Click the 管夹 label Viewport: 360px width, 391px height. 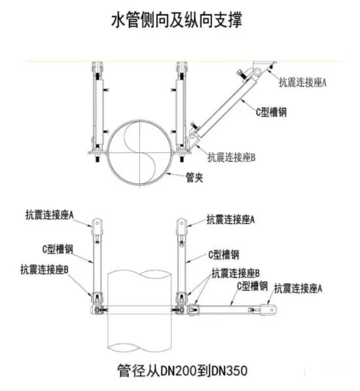click(194, 177)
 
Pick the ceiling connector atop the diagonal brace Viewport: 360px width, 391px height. click(259, 69)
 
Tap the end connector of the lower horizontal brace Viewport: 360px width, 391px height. click(269, 305)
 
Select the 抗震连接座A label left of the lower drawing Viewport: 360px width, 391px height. click(50, 214)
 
